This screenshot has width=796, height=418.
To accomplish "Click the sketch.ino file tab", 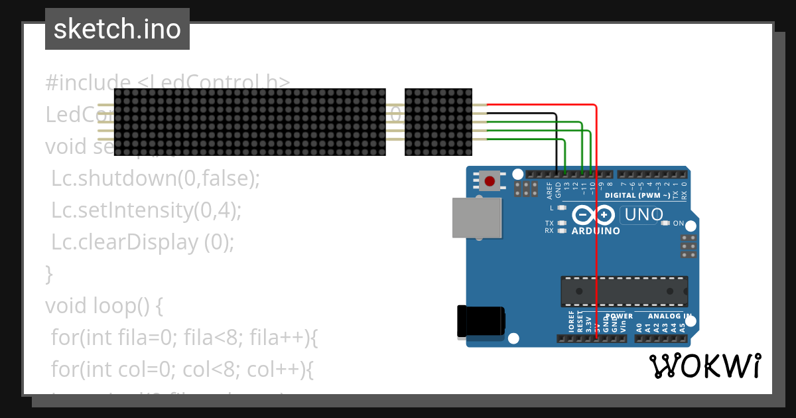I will [117, 29].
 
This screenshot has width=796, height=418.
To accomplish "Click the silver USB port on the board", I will [477, 218].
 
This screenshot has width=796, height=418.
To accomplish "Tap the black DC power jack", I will [480, 322].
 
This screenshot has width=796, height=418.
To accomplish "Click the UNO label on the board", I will [643, 215].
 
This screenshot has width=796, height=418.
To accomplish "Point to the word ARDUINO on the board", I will [596, 232].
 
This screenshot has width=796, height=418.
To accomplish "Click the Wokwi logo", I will [705, 366].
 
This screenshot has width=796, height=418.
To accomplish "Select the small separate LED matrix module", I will [438, 122].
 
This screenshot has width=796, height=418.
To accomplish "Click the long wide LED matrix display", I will [249, 122].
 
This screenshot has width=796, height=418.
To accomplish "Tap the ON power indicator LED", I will [665, 224].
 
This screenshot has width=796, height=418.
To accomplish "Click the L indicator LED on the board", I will [562, 208].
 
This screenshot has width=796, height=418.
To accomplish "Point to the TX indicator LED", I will [562, 224].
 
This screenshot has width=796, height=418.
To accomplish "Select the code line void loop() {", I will [104, 306].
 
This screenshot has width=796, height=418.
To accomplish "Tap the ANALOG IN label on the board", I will [669, 316].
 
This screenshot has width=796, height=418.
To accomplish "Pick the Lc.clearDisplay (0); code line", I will [143, 242].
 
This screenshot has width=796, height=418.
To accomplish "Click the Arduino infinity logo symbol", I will [593, 215].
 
